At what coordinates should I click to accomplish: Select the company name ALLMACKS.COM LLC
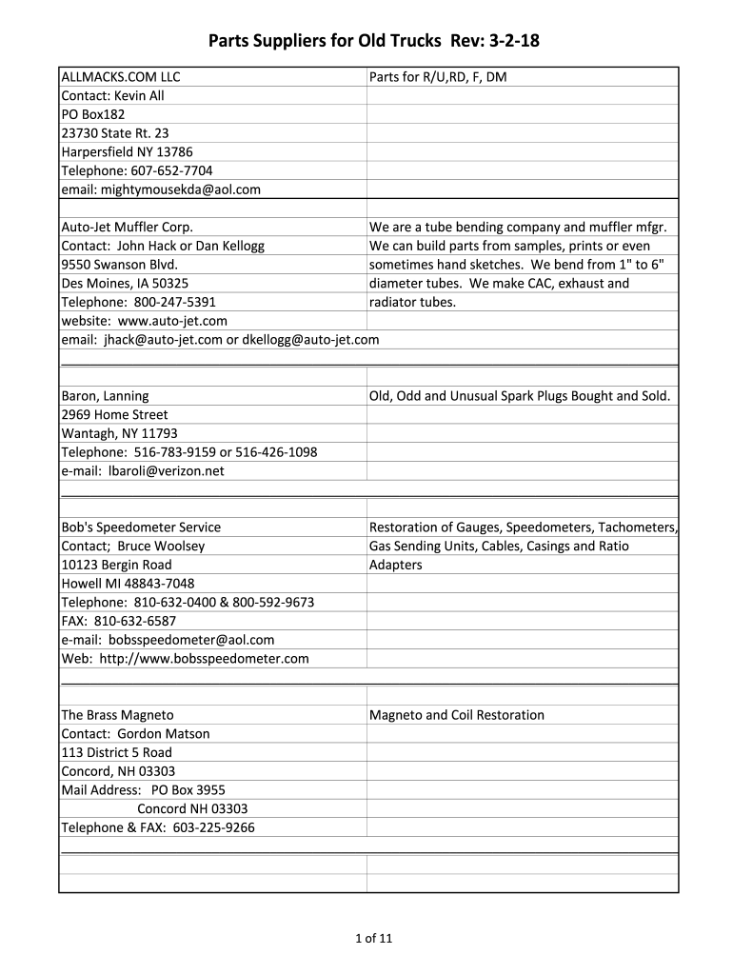point(121,77)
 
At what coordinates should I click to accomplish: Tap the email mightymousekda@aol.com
point(161,189)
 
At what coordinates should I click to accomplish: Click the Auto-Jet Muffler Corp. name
point(128,228)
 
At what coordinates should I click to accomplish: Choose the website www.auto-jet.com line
point(145,321)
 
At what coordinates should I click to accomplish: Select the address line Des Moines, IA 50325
point(125,284)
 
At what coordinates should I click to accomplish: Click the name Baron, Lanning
point(105,396)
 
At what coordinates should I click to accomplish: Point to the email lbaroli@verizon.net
point(143,471)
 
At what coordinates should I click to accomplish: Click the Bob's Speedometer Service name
point(141,527)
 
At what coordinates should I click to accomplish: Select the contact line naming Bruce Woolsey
point(133,547)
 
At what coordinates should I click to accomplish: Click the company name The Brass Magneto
point(117,715)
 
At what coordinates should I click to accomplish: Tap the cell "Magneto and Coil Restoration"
point(457,715)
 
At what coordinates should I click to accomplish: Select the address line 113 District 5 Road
point(117,752)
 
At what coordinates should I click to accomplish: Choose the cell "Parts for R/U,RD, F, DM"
point(438,77)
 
